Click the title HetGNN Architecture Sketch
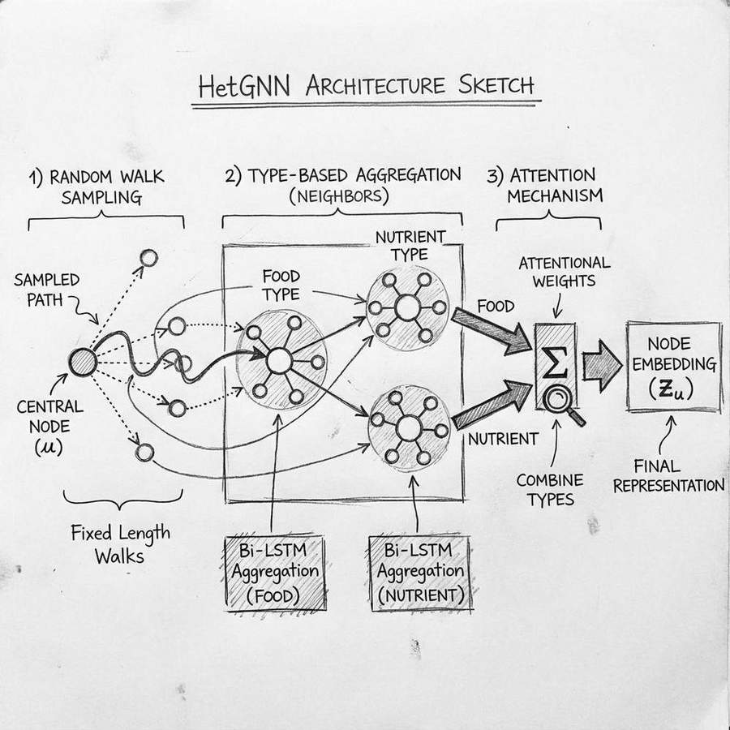point(366,87)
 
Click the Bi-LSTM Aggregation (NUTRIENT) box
point(419,571)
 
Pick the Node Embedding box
point(674,367)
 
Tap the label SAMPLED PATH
point(46,290)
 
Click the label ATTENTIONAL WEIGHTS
point(564,273)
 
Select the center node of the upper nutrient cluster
point(406,307)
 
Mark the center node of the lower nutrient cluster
point(408,427)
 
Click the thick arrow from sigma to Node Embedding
point(602,367)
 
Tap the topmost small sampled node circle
point(148,258)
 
